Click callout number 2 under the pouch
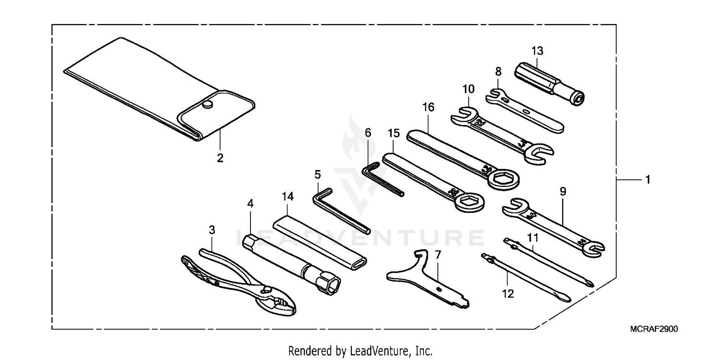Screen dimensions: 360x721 coord(220,158)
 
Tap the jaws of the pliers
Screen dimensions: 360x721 coord(279,302)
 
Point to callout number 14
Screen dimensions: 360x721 coord(287,196)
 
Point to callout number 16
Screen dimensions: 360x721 coord(428,107)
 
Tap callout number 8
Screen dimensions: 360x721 coord(498,72)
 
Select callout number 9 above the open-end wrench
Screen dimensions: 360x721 coord(563,191)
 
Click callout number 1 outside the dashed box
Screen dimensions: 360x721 coord(647,180)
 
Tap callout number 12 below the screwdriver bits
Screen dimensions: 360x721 coord(508,293)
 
